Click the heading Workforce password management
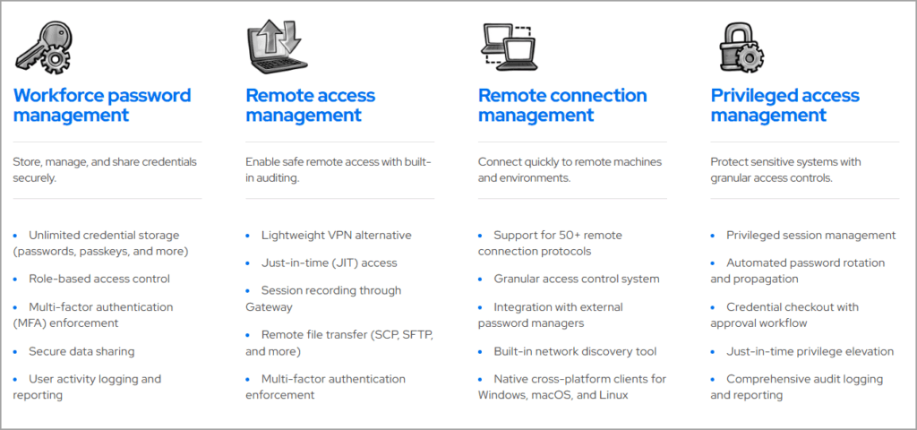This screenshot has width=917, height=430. (x=102, y=105)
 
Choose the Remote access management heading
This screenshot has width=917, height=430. (x=310, y=105)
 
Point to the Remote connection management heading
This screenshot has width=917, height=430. (x=561, y=105)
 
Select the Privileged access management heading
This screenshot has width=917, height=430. (x=784, y=105)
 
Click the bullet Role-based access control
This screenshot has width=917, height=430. (x=99, y=279)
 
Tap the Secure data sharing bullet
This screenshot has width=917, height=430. (x=81, y=351)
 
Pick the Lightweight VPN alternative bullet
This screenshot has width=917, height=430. (x=336, y=235)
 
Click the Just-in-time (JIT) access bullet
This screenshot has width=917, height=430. (x=329, y=262)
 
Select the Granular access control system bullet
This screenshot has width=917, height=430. (x=576, y=279)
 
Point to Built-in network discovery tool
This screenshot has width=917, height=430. (x=574, y=351)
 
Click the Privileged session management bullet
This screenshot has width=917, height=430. (x=810, y=235)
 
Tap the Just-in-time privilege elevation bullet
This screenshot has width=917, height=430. (x=810, y=351)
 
